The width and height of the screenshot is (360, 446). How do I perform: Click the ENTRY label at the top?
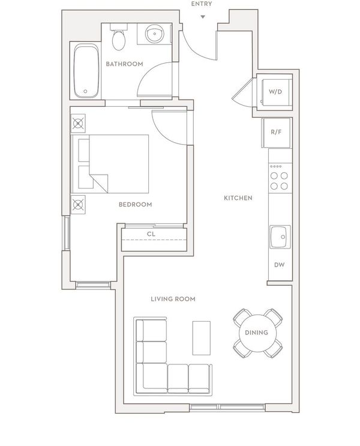pos(202,4)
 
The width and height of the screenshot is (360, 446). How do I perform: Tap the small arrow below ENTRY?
pos(203,17)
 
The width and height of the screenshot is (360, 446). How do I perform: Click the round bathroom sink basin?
pos(154,34)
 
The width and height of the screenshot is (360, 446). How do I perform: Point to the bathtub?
pos(86,71)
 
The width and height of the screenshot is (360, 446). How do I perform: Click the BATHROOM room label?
pos(124,64)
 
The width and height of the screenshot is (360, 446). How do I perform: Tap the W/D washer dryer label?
pos(275,92)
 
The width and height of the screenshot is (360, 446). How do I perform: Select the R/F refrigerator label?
pos(276,132)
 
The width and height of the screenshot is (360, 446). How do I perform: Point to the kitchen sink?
pos(280,237)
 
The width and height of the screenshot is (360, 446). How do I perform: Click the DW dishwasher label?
pos(279,265)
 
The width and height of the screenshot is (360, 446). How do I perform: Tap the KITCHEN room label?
pos(238,198)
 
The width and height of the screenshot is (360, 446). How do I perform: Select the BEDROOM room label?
pos(136,205)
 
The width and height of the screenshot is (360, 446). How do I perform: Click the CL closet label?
pos(151,234)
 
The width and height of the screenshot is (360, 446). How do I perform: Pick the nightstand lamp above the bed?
pos(78,124)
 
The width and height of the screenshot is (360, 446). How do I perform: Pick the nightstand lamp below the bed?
pos(78,205)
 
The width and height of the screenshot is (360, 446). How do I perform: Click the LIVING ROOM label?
pos(173,299)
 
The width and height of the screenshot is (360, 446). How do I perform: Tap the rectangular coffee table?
pos(202,338)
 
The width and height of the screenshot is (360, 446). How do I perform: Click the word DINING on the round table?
pos(256,333)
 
